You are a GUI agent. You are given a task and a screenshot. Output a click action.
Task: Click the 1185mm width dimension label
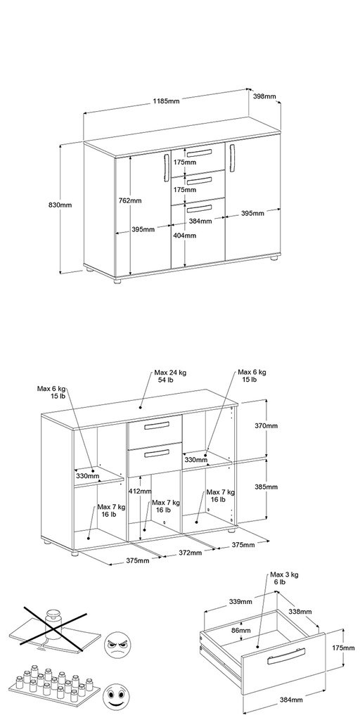tap(166, 101)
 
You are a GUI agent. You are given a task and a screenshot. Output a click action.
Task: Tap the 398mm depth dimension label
tap(264, 96)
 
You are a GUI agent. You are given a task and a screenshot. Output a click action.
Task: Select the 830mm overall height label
tap(60, 205)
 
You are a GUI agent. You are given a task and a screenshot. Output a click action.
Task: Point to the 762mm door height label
tap(130, 200)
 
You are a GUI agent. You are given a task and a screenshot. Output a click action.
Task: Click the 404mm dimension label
tap(185, 236)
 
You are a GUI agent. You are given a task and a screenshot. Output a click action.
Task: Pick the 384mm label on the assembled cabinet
tap(200, 221)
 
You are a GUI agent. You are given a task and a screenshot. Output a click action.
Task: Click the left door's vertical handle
tap(166, 167)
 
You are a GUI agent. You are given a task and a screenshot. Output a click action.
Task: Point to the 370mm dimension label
tap(266, 425)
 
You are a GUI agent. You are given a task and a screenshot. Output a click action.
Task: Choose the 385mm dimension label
tap(266, 487)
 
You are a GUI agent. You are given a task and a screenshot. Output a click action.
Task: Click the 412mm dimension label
tap(140, 491)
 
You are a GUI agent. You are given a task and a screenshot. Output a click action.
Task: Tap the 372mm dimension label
tap(190, 553)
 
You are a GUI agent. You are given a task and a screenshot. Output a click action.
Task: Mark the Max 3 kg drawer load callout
tap(284, 578)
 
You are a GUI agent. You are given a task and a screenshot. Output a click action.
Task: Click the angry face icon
tap(115, 645)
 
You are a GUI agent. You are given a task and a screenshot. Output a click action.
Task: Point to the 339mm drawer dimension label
tap(240, 602)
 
